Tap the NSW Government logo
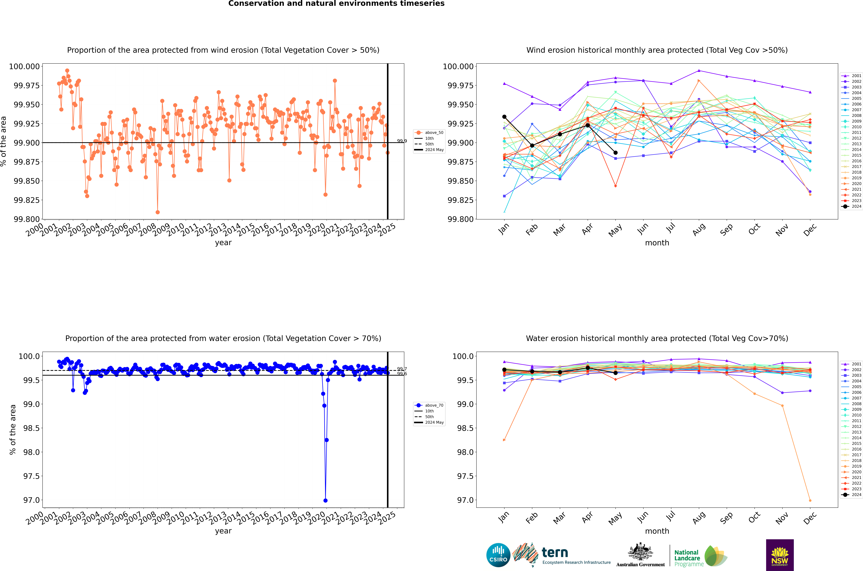780,555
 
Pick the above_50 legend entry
429,133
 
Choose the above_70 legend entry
429,405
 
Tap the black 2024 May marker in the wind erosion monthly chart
615,153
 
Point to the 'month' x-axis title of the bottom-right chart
657,531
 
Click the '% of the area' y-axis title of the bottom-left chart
13,430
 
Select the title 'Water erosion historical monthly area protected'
657,338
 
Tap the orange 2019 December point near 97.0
810,500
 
